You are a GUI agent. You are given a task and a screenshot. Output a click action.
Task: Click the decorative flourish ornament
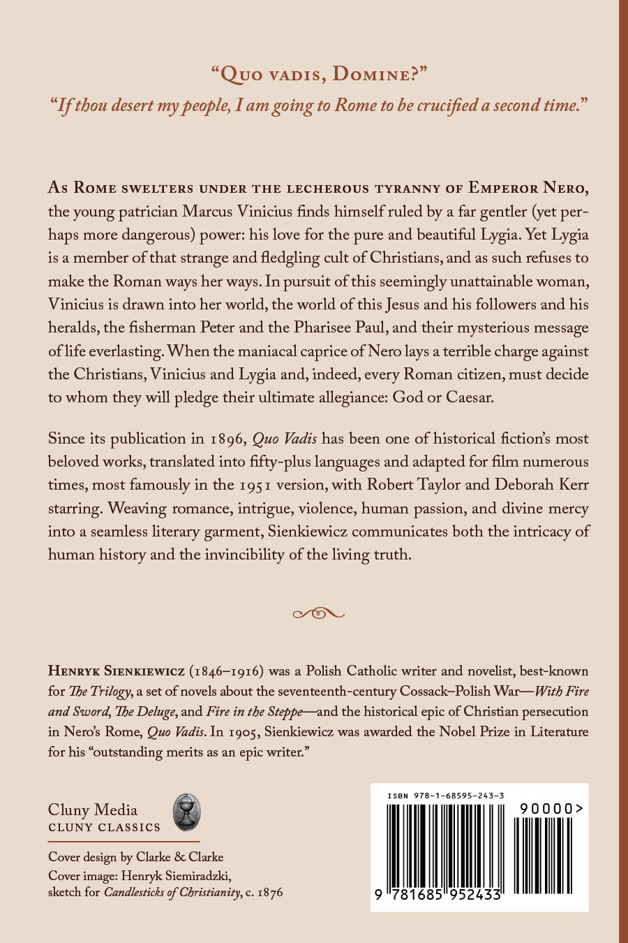pos(318,613)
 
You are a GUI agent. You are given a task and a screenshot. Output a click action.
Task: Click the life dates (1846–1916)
pos(227,671)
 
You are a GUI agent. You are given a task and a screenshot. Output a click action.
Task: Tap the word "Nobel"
pos(458,732)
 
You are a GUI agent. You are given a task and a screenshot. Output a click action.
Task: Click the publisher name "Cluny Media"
pos(93,810)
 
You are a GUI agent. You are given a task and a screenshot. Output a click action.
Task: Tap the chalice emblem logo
pos(186,812)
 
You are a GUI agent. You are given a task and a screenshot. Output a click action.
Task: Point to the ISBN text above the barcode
pos(447,796)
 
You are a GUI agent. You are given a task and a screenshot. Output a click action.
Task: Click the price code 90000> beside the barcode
pos(551,809)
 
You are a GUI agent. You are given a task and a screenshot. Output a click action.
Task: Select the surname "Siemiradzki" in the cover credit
pos(197,876)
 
